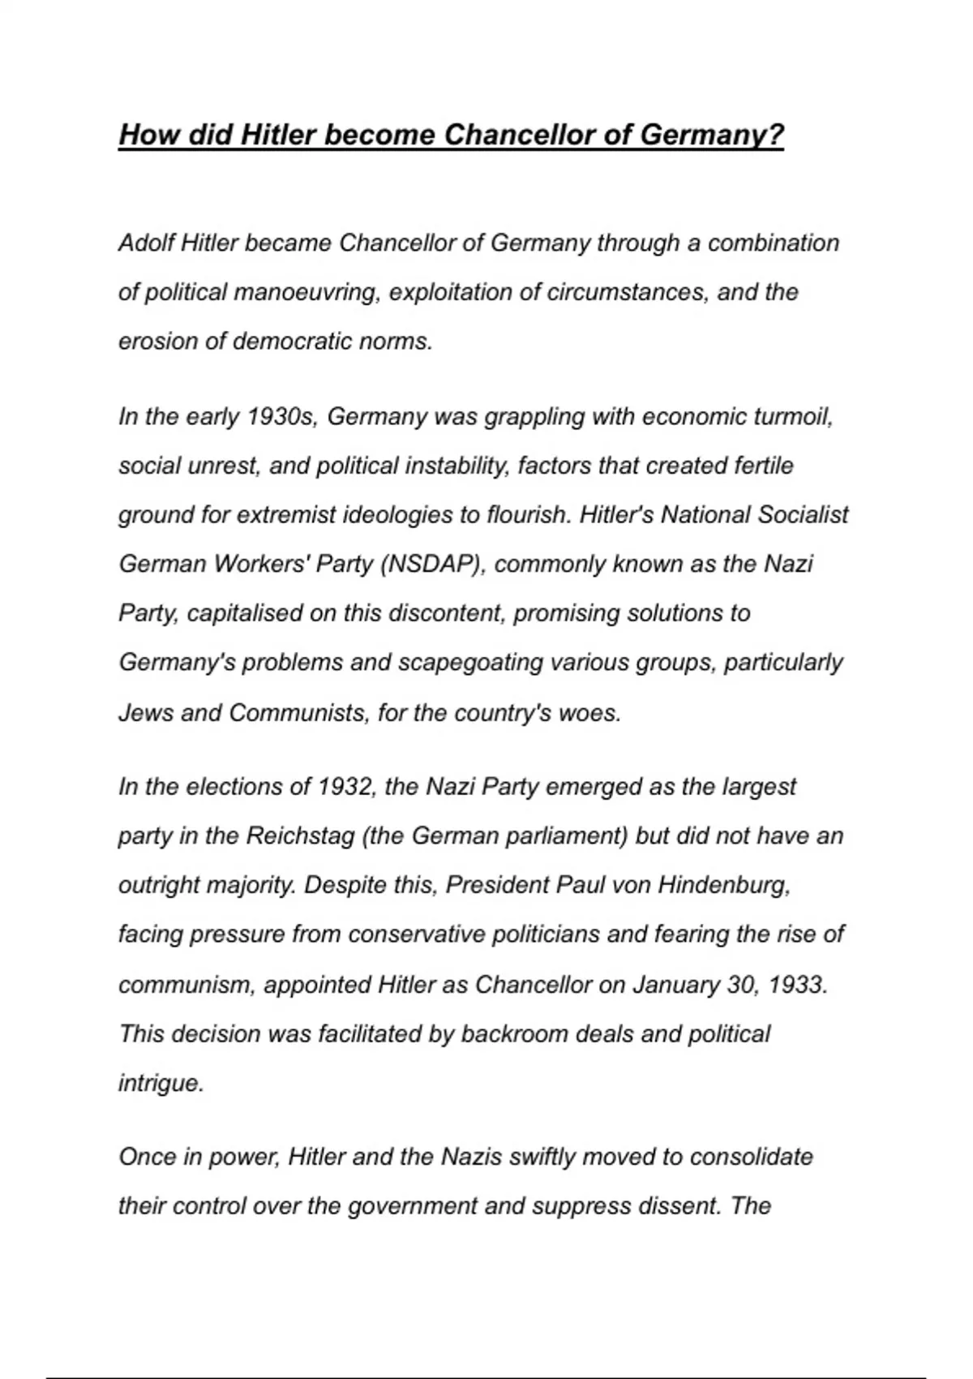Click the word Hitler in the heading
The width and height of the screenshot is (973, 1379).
pyautogui.click(x=276, y=135)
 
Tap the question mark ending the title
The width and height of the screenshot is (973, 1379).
pyautogui.click(x=776, y=135)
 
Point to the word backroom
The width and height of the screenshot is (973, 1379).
pyautogui.click(x=514, y=1034)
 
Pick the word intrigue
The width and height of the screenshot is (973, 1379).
pyautogui.click(x=161, y=1084)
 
